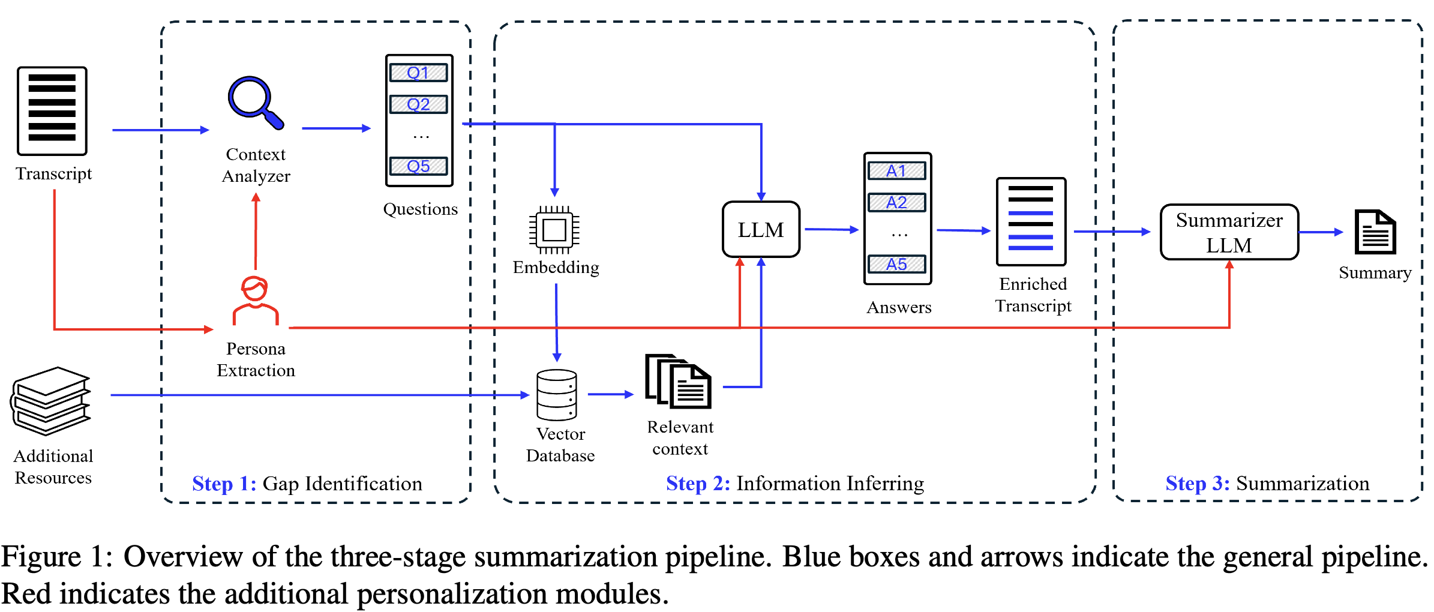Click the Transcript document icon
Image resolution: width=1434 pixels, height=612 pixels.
click(52, 111)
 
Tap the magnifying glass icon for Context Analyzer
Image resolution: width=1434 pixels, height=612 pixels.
click(254, 102)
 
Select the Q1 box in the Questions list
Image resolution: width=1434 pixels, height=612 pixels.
click(419, 73)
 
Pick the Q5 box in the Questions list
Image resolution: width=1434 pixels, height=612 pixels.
click(419, 166)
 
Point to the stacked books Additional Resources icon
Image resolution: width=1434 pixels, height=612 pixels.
click(52, 400)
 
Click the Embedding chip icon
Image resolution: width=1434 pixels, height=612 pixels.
click(554, 230)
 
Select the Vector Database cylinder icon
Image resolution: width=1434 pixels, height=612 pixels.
click(557, 395)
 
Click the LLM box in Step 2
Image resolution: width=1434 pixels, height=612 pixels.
click(761, 230)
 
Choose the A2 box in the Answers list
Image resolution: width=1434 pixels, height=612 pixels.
click(897, 202)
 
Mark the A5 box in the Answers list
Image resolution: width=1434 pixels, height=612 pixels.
click(897, 264)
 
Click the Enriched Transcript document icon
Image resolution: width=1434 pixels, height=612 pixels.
click(1031, 221)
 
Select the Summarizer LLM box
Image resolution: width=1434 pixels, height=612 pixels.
click(1229, 232)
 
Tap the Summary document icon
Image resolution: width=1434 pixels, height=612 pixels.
click(1375, 232)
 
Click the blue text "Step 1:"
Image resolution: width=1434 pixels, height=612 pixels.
click(224, 484)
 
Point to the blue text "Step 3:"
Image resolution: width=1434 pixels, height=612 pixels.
click(1198, 483)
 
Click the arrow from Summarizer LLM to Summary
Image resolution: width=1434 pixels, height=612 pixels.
click(1321, 232)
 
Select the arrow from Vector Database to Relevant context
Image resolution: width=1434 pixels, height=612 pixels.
click(611, 394)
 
